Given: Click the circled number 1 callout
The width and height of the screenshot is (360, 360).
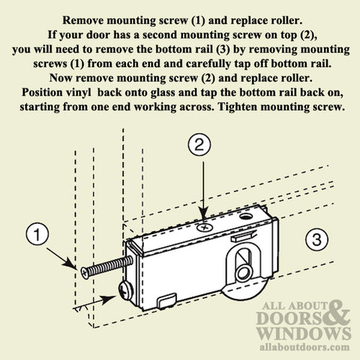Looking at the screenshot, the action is [37, 234].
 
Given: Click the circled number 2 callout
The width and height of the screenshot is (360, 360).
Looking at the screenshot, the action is [199, 145].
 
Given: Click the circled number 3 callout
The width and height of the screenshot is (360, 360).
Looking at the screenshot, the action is [317, 239].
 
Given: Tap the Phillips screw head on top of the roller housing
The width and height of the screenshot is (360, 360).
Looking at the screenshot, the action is [204, 227].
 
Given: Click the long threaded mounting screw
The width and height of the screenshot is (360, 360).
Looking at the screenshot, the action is [107, 267].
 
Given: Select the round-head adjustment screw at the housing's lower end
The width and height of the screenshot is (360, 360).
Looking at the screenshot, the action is [126, 291].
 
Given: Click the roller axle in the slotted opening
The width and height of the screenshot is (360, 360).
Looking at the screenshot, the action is [243, 273].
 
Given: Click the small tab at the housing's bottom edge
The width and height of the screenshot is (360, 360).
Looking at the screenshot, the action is [166, 300].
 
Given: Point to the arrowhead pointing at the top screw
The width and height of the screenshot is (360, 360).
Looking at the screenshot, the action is [204, 214].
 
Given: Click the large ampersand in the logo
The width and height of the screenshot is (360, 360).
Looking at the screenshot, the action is [336, 313].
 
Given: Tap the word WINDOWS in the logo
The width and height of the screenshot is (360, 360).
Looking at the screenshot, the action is [305, 333].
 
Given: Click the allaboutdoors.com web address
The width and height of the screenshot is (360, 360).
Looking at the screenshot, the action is [305, 347].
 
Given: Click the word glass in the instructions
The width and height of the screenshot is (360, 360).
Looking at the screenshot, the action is [163, 93].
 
